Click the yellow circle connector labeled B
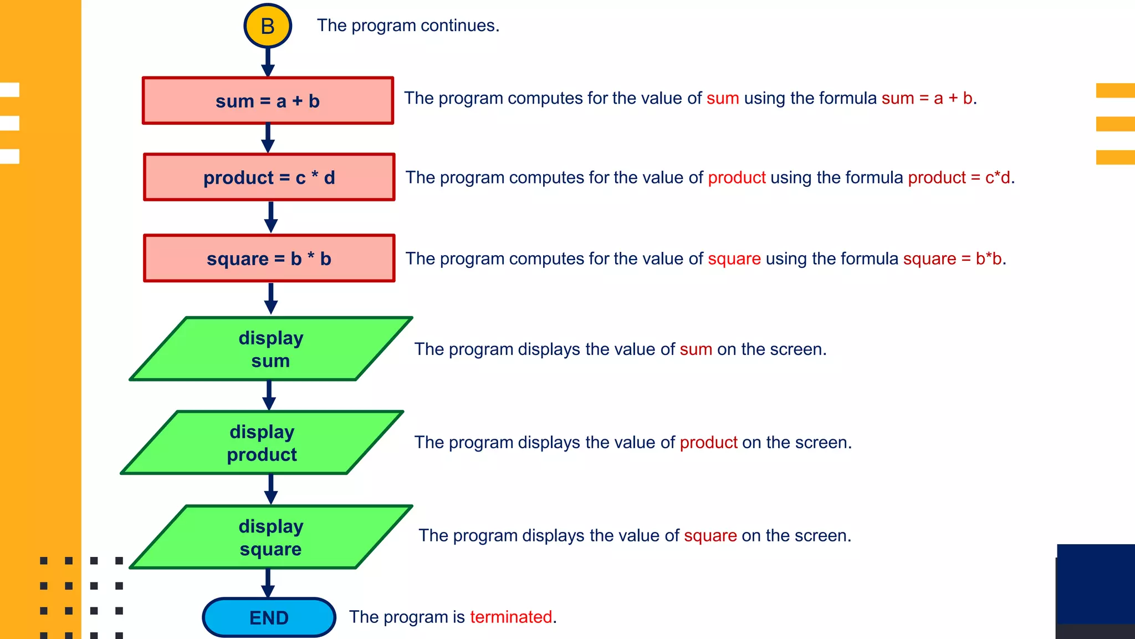(268, 26)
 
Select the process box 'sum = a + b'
(268, 100)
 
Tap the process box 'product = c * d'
(269, 177)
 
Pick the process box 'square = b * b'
(269, 258)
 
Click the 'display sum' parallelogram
(271, 349)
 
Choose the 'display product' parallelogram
(262, 443)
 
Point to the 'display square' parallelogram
(271, 537)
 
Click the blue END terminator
(269, 617)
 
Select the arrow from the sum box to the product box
(268, 138)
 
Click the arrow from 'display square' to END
(268, 583)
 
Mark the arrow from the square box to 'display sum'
(270, 299)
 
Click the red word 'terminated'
(511, 617)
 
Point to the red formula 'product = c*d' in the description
(959, 177)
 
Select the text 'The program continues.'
(408, 26)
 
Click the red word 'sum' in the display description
(696, 349)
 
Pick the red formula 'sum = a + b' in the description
(927, 98)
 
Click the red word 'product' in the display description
(708, 443)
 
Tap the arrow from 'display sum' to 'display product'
(269, 395)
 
